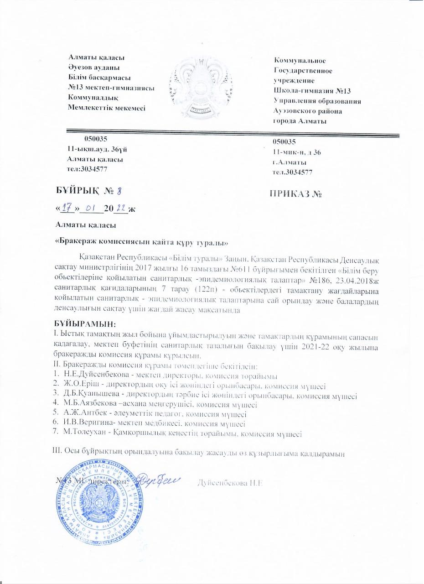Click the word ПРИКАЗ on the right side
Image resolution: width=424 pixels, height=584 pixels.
pos(290,194)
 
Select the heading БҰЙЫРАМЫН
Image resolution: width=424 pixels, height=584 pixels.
pos(85,324)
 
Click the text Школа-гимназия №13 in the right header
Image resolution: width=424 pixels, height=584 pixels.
pos(311,91)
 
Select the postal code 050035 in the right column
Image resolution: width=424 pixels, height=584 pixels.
pos(284,142)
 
